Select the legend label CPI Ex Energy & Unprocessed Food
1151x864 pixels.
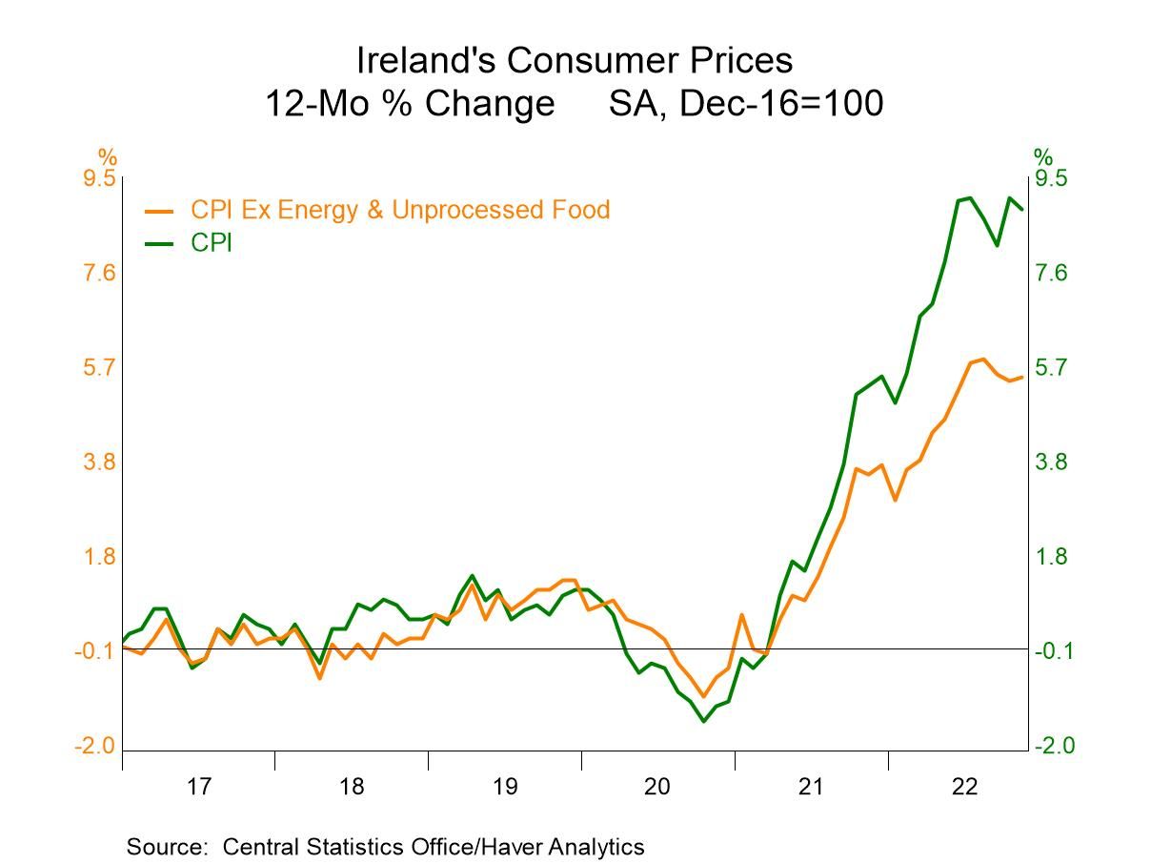tap(399, 210)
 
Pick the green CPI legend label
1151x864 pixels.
tap(211, 243)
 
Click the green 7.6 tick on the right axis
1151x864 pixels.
tap(1053, 274)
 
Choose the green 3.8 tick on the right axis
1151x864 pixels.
tap(1053, 463)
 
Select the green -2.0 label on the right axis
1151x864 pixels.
tap(1051, 746)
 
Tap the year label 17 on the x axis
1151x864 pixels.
tap(198, 788)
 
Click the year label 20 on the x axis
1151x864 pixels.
tap(657, 788)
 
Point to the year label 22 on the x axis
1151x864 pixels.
tap(964, 788)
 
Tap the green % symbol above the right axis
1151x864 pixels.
tap(1043, 156)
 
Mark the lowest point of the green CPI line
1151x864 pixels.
tap(704, 721)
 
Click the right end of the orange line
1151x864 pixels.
tap(1022, 377)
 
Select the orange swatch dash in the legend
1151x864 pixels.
tap(159, 211)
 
